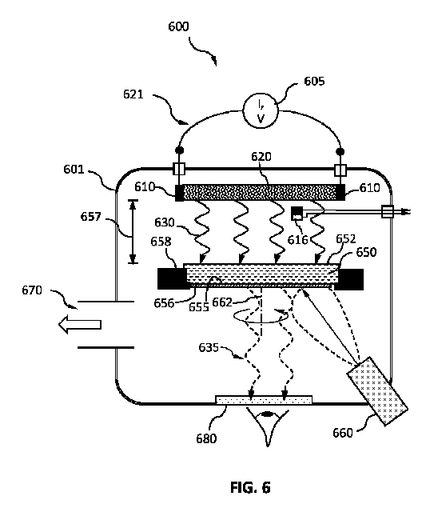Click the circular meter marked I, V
pyautogui.click(x=261, y=111)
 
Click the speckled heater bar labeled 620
pyautogui.click(x=261, y=193)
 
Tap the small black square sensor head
pyautogui.click(x=297, y=213)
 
